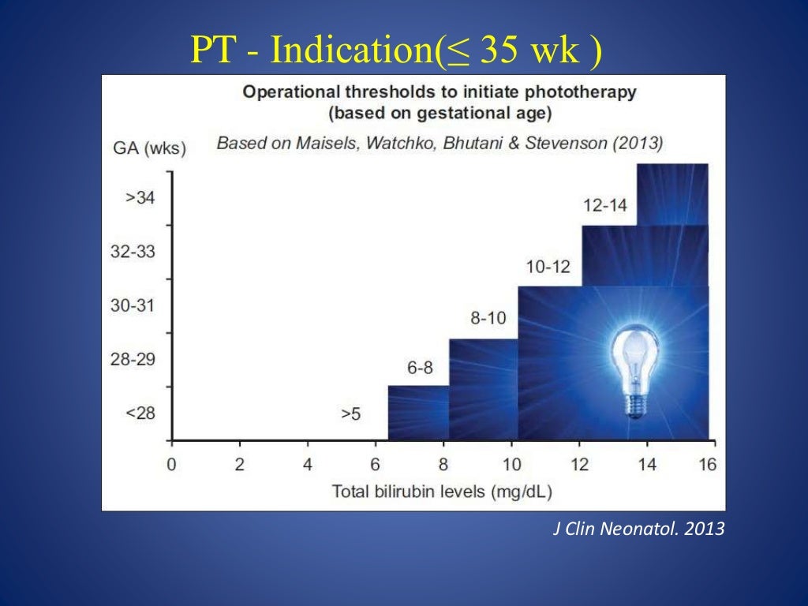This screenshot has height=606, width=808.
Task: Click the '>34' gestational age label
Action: (x=140, y=198)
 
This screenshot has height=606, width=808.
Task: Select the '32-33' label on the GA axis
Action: (x=133, y=252)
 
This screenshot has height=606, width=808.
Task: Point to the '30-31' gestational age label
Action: (x=133, y=305)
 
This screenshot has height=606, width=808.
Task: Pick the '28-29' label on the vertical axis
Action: (x=133, y=359)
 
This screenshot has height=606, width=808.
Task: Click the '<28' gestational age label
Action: (x=140, y=413)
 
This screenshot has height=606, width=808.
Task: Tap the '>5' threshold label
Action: (x=350, y=413)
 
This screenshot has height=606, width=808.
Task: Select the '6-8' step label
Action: (x=420, y=368)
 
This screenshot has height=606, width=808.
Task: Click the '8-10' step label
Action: (x=488, y=319)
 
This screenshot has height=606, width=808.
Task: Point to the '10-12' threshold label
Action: (x=548, y=266)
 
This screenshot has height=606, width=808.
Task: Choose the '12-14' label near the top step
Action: (x=605, y=205)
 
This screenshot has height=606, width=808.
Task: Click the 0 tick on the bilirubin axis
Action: (x=171, y=464)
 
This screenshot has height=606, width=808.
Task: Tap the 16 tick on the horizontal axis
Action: (x=708, y=464)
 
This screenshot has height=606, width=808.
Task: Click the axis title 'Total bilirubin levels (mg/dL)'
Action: (x=442, y=492)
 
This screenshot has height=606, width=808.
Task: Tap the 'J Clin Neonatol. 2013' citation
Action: (x=637, y=529)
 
